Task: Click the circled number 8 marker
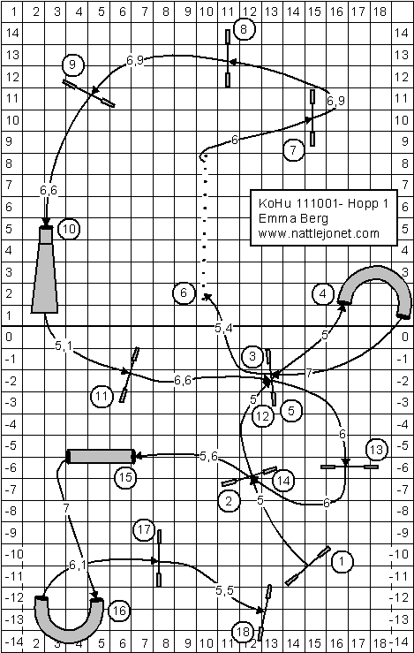pos(244,29)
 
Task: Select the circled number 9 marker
pos(73,65)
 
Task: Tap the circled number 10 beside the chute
pos(69,229)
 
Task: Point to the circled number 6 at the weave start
pos(184,293)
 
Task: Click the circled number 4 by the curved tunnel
pos(323,294)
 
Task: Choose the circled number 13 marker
pos(377,450)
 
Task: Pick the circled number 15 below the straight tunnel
pos(125,477)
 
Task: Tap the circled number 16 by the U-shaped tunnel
pos(118,611)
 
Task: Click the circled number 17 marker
pos(144,530)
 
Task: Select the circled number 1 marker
pos(342,561)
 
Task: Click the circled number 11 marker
pos(102,396)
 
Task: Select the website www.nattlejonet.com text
pos(319,233)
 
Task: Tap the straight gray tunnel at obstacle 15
pos(102,457)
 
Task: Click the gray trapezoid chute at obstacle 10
pos(45,269)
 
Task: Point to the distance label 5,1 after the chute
pos(64,345)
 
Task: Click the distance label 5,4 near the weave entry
pos(223,328)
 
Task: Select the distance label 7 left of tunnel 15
pos(65,507)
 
